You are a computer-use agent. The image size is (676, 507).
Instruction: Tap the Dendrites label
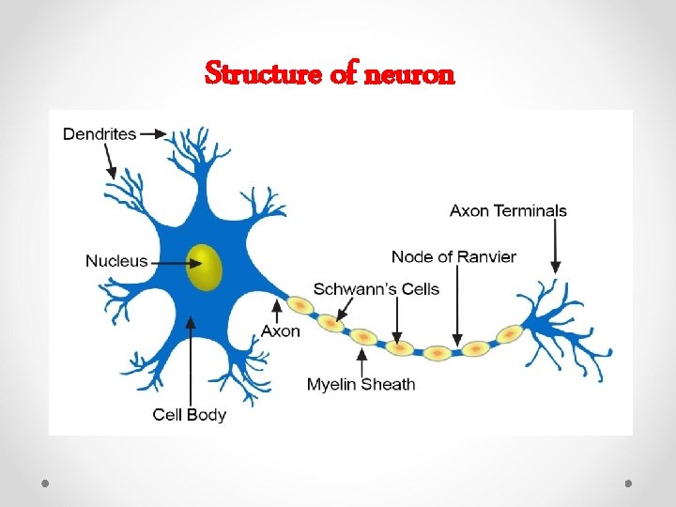100,134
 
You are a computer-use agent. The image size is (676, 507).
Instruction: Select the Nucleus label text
117,260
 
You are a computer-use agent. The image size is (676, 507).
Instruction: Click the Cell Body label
190,414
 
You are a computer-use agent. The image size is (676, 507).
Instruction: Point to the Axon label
281,330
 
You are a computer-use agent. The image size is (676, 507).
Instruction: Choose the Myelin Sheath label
361,384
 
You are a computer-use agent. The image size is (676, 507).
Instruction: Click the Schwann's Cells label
376,288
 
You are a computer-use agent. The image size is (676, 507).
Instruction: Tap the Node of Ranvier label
453,256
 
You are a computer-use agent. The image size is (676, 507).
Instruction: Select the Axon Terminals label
508,210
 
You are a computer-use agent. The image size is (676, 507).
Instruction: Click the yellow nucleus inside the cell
204,267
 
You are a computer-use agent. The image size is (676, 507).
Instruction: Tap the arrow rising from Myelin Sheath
362,361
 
